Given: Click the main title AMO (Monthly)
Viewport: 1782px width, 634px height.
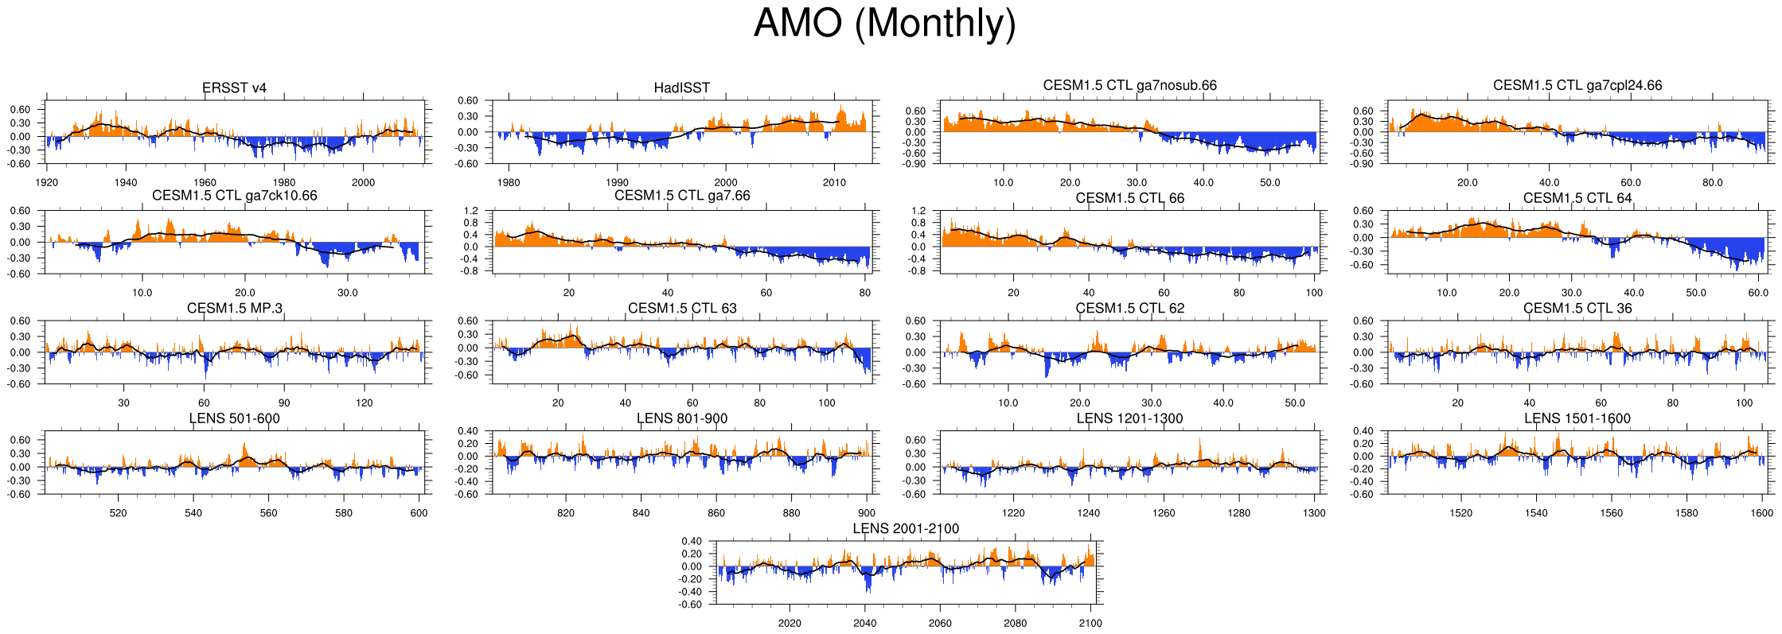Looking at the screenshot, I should pyautogui.click(x=884, y=24).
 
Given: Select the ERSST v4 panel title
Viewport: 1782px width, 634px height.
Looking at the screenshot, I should pyautogui.click(x=234, y=88).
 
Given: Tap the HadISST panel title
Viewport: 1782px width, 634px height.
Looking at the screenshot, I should pyautogui.click(x=681, y=88).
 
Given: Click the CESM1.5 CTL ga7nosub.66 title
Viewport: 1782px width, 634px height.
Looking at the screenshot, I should pyautogui.click(x=1129, y=85).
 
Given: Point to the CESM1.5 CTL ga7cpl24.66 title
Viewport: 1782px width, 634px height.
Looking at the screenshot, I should pyautogui.click(x=1577, y=85).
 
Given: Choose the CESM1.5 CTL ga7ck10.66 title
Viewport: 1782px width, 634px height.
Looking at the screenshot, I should pyautogui.click(x=234, y=196).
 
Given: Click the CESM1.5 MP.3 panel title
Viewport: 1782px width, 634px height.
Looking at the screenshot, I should pyautogui.click(x=234, y=309).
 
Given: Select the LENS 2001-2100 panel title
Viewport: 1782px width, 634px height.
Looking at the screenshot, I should pyautogui.click(x=906, y=529).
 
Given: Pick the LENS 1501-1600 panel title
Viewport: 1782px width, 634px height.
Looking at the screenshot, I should pyautogui.click(x=1577, y=418).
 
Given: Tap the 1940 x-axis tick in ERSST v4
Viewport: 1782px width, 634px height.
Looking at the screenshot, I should pyautogui.click(x=125, y=182).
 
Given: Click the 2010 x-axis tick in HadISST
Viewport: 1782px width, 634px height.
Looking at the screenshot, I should pyautogui.click(x=834, y=182).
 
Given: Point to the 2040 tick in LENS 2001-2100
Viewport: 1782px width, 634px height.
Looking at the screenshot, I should pyautogui.click(x=864, y=623).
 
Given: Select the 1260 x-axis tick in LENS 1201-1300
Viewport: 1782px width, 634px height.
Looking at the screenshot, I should pyautogui.click(x=1164, y=513).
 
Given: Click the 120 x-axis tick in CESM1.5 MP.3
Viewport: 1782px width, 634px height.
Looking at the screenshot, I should pyautogui.click(x=364, y=403).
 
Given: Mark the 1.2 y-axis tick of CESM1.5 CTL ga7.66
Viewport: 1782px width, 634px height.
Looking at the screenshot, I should pyautogui.click(x=471, y=211).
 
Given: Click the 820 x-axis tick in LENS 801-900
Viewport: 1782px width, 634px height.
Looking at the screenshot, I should pyautogui.click(x=565, y=513).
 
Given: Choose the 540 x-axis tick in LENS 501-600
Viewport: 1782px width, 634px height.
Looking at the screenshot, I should pyautogui.click(x=193, y=513).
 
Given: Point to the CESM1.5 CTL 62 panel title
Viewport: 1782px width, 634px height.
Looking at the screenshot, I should pyautogui.click(x=1129, y=309).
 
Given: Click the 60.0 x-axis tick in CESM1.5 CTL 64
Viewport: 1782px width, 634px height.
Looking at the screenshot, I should pyautogui.click(x=1757, y=293).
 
